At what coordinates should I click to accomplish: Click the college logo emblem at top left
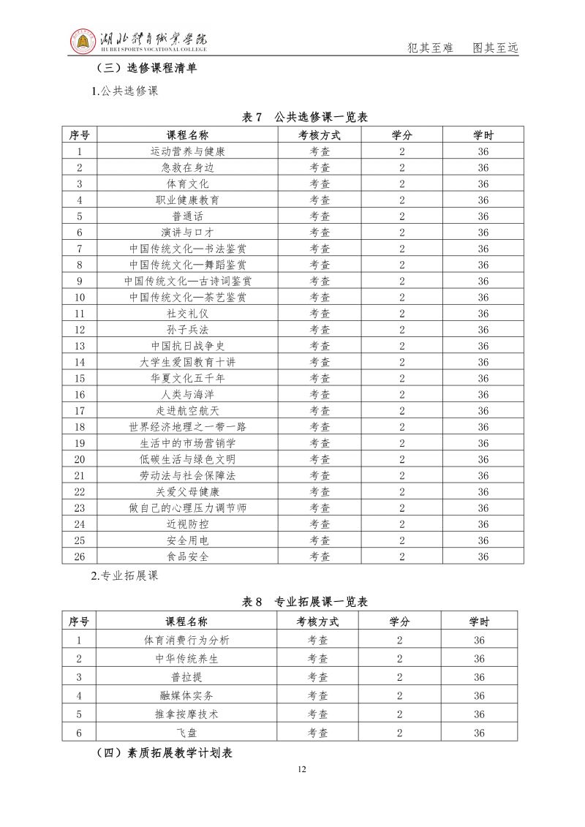(x=83, y=42)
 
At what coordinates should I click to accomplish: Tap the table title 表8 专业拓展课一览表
(x=304, y=602)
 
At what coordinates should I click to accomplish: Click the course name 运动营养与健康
(x=187, y=151)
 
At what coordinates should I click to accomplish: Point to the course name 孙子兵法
(x=187, y=330)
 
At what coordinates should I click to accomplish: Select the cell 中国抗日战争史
(x=187, y=346)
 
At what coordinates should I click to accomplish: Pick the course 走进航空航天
(x=187, y=411)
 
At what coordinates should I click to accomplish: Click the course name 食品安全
(x=187, y=556)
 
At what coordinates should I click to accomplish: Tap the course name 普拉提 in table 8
(x=186, y=677)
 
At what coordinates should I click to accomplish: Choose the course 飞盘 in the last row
(x=186, y=732)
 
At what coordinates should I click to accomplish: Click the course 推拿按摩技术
(x=186, y=714)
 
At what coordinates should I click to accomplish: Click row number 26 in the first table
(x=80, y=556)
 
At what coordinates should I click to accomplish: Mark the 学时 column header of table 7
(x=483, y=135)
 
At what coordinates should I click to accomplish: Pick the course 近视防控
(x=187, y=524)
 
